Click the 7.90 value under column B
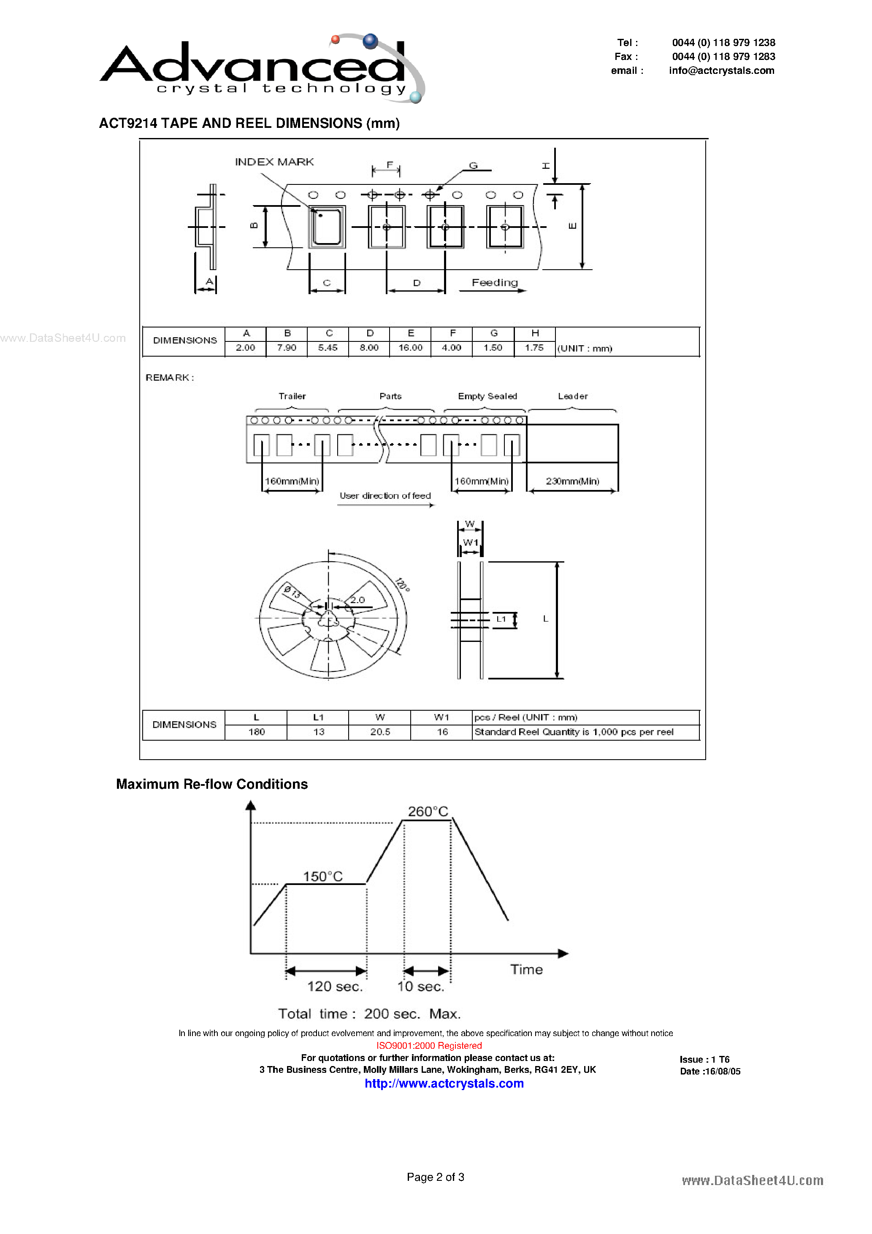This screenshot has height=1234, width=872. pos(287,348)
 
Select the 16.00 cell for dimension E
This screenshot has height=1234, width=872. pos(410,348)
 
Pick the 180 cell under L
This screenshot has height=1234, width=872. pos(257,732)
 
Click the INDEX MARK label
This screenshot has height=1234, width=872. pos(274,162)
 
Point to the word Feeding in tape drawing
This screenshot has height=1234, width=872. pos(495,283)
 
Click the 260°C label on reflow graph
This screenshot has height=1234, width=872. pos(428,812)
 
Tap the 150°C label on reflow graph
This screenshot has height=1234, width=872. pos(322,877)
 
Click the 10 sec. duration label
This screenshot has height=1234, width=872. pos(420,987)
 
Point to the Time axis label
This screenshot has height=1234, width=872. pos(526,969)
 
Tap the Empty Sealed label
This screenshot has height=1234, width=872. pos(487,396)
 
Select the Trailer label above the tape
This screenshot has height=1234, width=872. pos(292,396)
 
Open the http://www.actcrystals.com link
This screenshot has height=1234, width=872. pos(444,1083)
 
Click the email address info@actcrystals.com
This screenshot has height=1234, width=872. pos(721,70)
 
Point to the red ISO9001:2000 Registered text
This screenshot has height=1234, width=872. pos(429,1045)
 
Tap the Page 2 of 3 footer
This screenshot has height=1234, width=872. pos(436,1177)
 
